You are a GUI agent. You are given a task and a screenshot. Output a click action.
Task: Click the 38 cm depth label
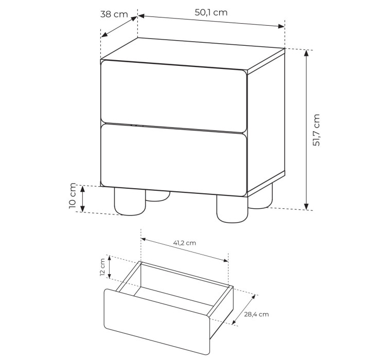[x=114, y=14]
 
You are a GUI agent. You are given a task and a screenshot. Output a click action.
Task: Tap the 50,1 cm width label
[x=211, y=12]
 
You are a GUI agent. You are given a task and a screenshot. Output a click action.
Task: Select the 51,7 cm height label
[x=316, y=130]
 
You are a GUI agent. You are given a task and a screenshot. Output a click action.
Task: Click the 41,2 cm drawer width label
[x=184, y=243]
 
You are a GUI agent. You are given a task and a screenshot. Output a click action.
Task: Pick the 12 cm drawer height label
[x=102, y=267]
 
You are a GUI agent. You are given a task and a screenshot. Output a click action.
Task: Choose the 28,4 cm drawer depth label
[x=256, y=314]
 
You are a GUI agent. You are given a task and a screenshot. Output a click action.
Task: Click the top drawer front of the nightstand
[x=174, y=96]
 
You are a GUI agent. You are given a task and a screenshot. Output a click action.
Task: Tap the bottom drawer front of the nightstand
[x=174, y=160]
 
